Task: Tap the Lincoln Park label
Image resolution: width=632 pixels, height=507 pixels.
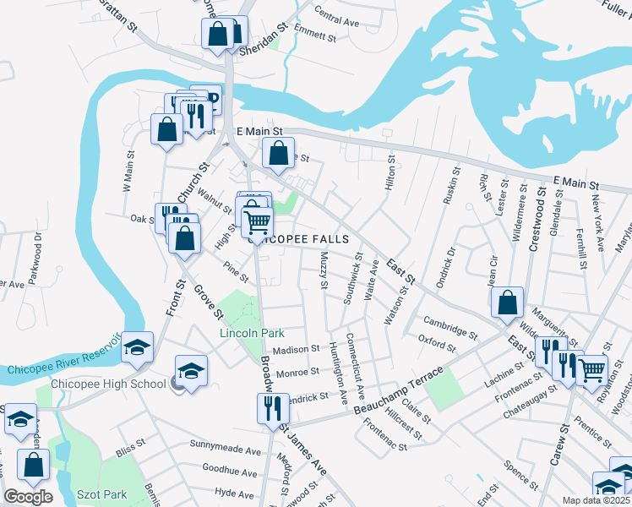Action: (x=252, y=333)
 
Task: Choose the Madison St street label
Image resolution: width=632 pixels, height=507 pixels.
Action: (x=296, y=348)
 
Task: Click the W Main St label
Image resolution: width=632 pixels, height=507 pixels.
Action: (x=130, y=172)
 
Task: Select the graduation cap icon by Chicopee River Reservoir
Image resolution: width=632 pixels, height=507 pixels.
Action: (x=136, y=347)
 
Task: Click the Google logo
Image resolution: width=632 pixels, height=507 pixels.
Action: (x=28, y=497)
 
